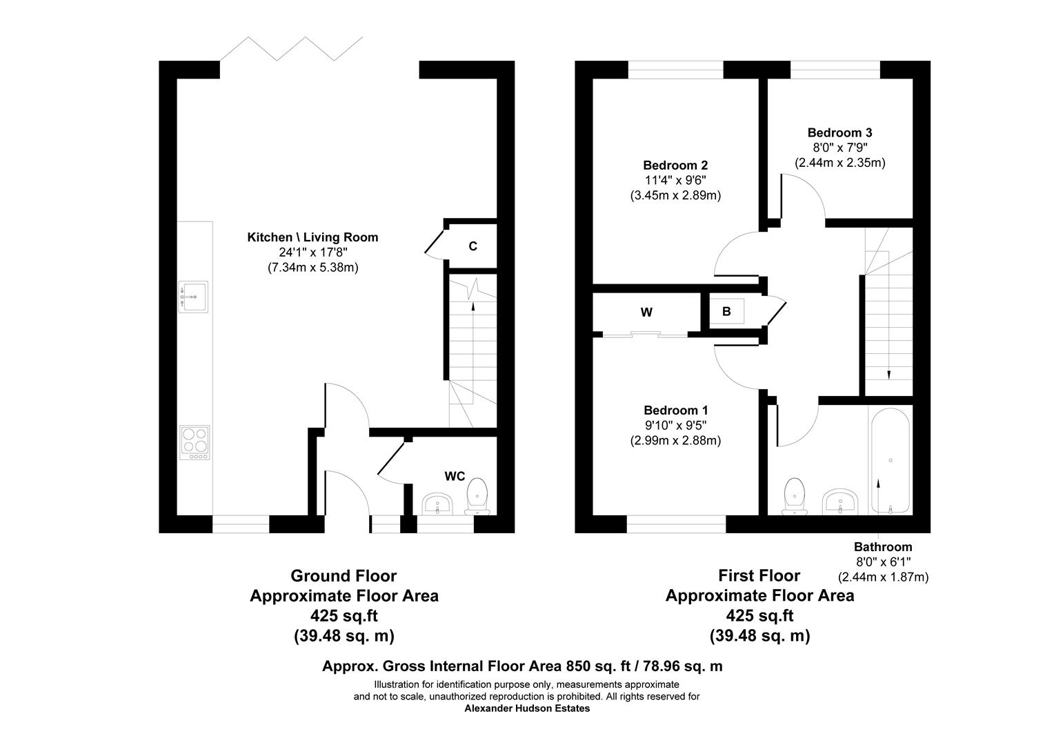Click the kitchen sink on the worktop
tap(194, 297)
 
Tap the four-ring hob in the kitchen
tap(195, 442)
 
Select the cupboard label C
tap(473, 246)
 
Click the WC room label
tap(455, 476)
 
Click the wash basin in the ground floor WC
tap(437, 504)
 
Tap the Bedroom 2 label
tap(675, 166)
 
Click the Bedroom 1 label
tap(675, 410)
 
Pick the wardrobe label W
tap(646, 312)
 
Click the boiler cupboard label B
tap(726, 312)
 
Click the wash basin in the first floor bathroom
tap(839, 501)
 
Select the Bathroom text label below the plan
tap(883, 547)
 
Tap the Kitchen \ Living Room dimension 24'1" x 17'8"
tap(312, 252)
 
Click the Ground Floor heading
tap(344, 575)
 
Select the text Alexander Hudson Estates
tap(527, 708)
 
